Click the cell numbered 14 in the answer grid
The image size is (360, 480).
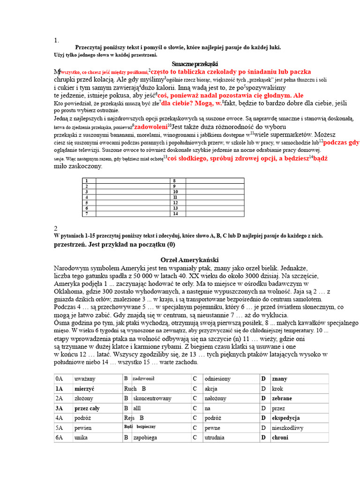pyautogui.click(x=175, y=214)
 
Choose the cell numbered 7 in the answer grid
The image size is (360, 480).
pyautogui.click(x=86, y=214)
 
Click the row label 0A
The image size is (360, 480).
pyautogui.click(x=59, y=378)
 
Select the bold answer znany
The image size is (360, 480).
pyautogui.click(x=280, y=378)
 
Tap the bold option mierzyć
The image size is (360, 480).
pyautogui.click(x=84, y=389)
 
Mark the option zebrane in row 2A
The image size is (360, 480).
pyautogui.click(x=282, y=398)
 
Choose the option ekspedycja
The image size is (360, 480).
pyautogui.click(x=286, y=418)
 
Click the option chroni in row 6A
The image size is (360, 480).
pyautogui.click(x=280, y=437)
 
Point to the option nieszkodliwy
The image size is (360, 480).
pyautogui.click(x=288, y=428)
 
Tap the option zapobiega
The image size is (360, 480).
pyautogui.click(x=145, y=438)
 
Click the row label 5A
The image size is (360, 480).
pyautogui.click(x=59, y=428)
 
